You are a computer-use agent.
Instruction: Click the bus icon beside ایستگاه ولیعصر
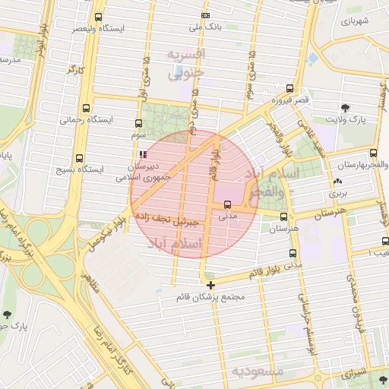coord(98,17)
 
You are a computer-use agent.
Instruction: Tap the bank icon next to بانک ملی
coord(205,16)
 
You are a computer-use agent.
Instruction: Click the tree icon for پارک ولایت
coord(346,107)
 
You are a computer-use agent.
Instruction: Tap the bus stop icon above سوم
coord(138,122)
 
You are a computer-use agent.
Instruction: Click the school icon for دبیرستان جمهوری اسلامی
coord(144,153)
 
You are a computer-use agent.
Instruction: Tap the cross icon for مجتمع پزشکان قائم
coord(210,284)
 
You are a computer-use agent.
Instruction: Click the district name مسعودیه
coord(258,372)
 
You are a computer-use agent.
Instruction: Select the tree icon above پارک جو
coord(8,314)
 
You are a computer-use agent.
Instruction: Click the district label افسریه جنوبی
coord(187,65)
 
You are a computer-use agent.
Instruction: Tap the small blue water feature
coord(313,58)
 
